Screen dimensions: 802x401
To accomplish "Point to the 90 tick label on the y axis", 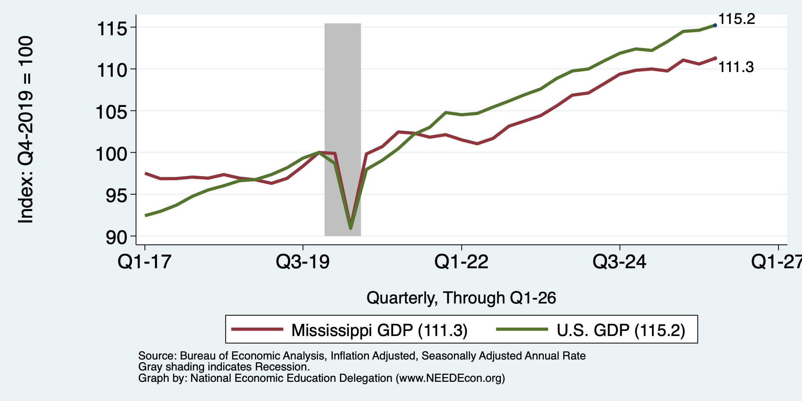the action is point(117,237).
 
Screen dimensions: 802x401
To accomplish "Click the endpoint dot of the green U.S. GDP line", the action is point(715,25).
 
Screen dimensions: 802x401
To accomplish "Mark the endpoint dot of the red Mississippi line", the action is point(715,58).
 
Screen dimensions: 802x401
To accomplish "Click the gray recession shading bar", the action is point(343,129).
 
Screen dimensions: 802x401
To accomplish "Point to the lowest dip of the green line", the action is point(350,228).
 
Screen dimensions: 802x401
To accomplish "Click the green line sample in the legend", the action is point(522,329).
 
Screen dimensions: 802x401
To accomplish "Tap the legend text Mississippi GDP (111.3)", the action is point(379,330).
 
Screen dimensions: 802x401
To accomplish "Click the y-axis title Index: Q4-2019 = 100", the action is point(26,130).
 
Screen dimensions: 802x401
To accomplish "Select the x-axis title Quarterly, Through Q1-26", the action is point(461,298).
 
